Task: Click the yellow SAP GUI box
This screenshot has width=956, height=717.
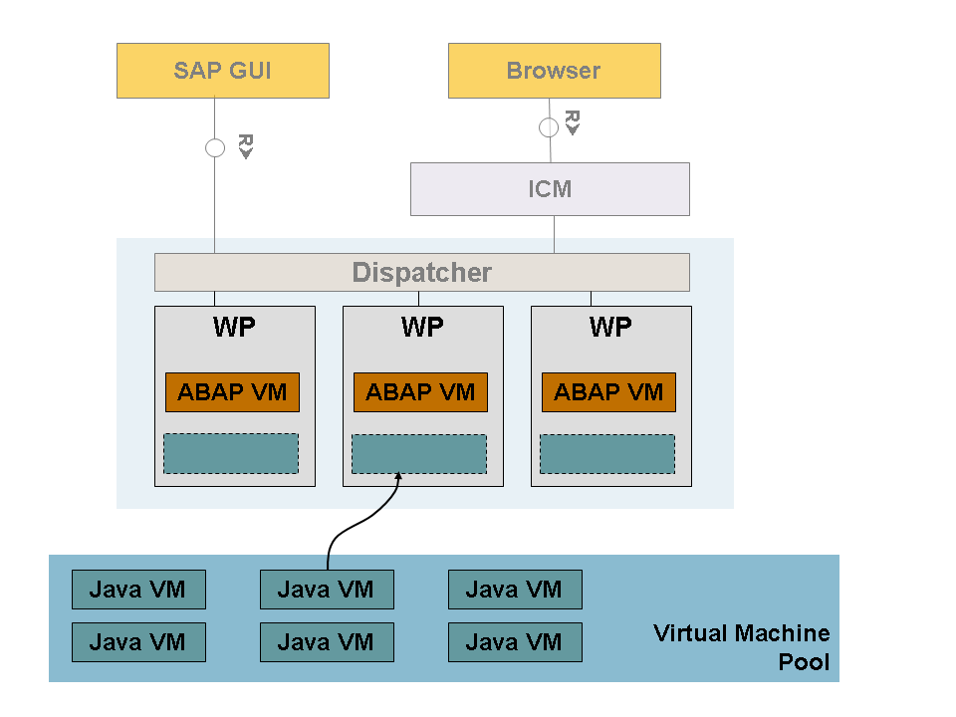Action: click(222, 71)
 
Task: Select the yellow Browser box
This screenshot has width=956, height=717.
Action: click(554, 71)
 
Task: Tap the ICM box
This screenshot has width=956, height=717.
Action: click(550, 189)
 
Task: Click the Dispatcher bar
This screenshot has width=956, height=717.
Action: click(421, 272)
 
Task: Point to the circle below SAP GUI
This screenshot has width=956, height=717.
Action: click(215, 148)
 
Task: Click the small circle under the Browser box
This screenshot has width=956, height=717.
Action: click(549, 127)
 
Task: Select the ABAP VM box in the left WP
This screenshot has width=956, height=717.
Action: click(232, 392)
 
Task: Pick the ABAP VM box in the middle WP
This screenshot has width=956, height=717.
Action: click(420, 392)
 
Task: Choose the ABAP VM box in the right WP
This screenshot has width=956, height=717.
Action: click(608, 392)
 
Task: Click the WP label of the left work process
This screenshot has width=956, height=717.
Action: click(234, 328)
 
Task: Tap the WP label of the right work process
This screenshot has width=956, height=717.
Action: click(610, 328)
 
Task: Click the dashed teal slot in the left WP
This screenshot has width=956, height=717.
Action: click(231, 454)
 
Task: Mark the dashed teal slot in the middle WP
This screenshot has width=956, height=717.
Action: click(419, 454)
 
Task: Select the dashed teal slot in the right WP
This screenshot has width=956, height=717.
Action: click(607, 454)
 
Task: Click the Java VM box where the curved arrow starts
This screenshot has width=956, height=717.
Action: click(327, 590)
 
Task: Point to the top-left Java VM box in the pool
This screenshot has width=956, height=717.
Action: click(138, 590)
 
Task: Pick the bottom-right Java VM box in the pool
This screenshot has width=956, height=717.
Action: click(515, 642)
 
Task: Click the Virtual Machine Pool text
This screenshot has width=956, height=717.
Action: click(742, 647)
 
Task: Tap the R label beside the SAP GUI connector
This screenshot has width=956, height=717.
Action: click(245, 146)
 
